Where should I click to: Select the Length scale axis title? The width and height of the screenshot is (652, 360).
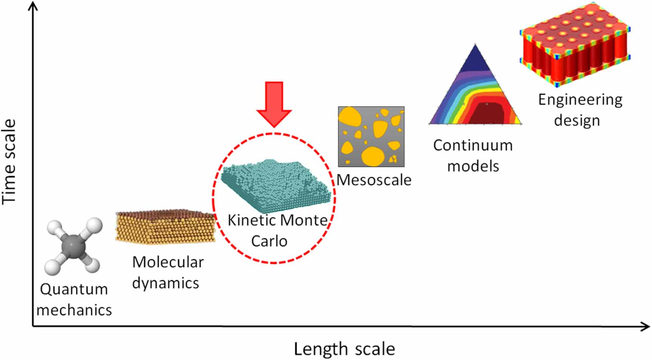(344, 349)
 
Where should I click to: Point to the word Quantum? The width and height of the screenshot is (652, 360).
(74, 290)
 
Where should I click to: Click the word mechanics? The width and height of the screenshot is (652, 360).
(74, 310)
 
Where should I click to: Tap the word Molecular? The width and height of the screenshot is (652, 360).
(168, 262)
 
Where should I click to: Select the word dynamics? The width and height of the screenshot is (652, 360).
(166, 283)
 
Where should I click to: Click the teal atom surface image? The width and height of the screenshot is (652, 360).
(276, 185)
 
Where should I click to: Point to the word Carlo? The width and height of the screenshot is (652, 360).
(269, 241)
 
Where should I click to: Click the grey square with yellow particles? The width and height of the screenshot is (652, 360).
(371, 136)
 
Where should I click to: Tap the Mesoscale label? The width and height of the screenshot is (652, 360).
(374, 180)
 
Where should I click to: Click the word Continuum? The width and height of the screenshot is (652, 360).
(473, 145)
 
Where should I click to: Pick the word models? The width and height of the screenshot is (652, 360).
(473, 166)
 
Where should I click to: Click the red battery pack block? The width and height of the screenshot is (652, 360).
(575, 43)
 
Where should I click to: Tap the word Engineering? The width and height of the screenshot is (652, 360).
(580, 100)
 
